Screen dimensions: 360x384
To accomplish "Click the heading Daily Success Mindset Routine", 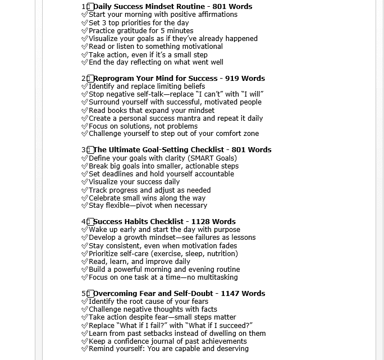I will click(149, 7).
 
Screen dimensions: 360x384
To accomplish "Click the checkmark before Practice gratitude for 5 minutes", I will click(85, 31).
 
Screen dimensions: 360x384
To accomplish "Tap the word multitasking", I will click(217, 277).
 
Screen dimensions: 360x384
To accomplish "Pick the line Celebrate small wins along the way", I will click(147, 198).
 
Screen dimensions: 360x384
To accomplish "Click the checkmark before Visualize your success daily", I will click(85, 182).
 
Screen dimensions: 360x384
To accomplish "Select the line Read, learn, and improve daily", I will click(139, 262).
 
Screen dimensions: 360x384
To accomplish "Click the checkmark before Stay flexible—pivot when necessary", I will click(85, 206).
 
